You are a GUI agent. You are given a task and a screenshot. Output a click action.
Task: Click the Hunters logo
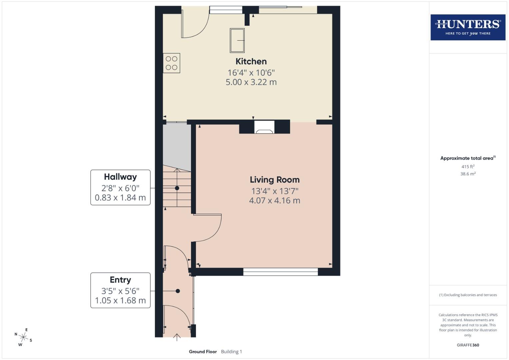pos(468,27)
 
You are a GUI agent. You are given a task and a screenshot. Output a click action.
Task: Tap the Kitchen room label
pos(251,61)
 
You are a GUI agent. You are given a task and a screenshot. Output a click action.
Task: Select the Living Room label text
pos(275,180)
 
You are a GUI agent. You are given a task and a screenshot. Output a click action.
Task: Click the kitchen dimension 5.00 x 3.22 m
pos(251,82)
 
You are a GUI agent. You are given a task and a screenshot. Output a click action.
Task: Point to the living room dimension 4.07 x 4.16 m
pos(275,200)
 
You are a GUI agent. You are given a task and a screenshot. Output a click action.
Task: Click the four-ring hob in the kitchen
pos(171,63)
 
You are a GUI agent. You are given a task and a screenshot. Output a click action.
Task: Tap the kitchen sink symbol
pos(237,40)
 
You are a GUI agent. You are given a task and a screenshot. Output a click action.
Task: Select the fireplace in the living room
pos(264,128)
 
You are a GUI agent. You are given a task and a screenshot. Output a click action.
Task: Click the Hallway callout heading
pos(120,177)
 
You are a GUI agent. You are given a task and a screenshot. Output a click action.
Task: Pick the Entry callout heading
pos(120,280)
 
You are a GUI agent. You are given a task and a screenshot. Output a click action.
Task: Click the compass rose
pos(23,337)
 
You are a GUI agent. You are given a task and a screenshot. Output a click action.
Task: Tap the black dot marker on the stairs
pos(177,188)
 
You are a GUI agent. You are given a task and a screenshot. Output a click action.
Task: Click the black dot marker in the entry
pos(178,291)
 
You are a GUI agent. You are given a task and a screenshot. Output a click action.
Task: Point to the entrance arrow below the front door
pos(177,337)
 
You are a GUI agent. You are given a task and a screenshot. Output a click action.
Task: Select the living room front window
pos(280,272)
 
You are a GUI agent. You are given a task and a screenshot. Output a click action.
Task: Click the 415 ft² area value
pos(468,166)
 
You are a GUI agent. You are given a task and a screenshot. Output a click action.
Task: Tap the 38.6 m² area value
pos(468,174)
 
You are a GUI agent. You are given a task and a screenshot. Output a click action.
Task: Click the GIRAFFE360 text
pos(468,345)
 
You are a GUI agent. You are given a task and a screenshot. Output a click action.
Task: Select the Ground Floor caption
pos(203,352)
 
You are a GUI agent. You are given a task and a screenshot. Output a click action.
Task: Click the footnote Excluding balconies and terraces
pos(468,295)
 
